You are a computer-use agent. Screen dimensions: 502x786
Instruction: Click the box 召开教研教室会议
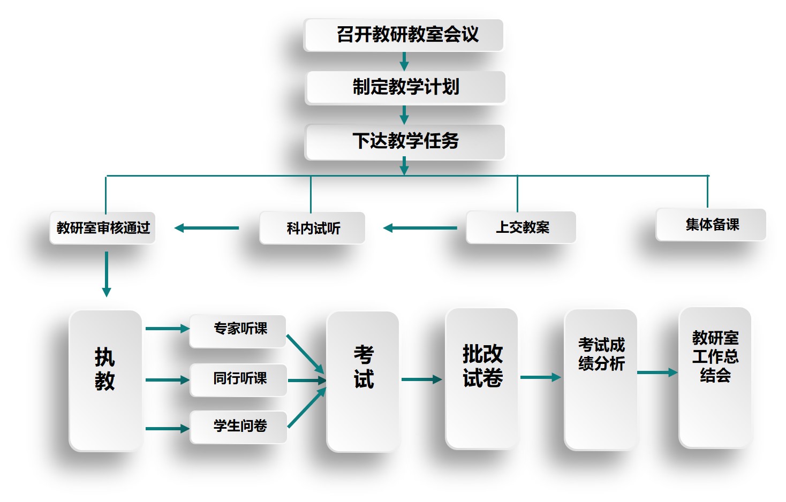404,35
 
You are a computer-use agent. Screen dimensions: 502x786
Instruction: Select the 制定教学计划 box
405,87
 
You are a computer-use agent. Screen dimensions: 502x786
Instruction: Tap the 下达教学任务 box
405,142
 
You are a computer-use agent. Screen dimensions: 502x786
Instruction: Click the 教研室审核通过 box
103,228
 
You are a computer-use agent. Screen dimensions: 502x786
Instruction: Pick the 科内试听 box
313,228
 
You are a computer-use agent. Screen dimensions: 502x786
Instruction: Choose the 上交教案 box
521,227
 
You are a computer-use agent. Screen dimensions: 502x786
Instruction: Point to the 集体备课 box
711,225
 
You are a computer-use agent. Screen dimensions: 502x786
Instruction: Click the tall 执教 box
105,380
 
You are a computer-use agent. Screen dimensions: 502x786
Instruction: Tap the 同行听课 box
239,380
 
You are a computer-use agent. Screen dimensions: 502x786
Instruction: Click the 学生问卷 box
239,427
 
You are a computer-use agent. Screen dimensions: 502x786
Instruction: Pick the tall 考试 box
363,381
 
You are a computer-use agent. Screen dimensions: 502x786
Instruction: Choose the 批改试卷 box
482,378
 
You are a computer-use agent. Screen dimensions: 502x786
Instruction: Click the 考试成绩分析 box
601,379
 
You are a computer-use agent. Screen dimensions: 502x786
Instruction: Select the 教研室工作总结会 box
715,377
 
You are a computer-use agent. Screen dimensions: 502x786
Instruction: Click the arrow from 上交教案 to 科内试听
420,228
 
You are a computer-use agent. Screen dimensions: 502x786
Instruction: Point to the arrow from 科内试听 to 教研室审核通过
207,228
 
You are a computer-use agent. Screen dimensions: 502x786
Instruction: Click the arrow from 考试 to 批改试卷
421,379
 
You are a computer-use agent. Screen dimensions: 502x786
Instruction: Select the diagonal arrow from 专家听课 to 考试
305,354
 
